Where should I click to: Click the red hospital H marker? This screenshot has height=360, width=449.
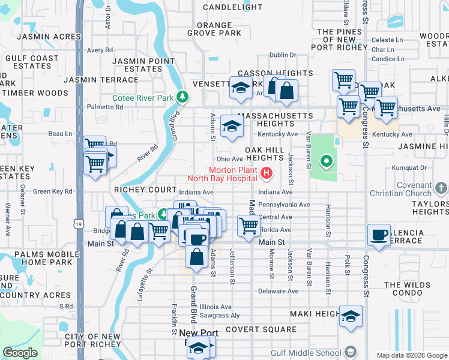coord(266,174)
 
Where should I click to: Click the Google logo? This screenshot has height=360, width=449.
coord(20,353)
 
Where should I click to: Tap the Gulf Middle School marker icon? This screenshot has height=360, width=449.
coord(351,352)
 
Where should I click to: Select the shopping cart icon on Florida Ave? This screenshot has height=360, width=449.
coord(249,226)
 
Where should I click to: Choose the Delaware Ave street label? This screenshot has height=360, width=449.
coord(278,291)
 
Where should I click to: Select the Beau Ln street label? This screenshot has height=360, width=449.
coord(60,134)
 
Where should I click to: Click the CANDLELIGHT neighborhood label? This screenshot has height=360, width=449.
coord(232,7)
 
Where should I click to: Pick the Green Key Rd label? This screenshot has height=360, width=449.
coord(52,191)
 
